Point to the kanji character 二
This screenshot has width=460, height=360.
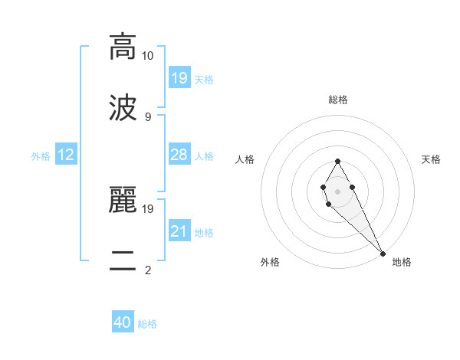pos(123,260)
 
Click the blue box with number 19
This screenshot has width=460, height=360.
pos(179,77)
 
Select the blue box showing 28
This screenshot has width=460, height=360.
pos(179,155)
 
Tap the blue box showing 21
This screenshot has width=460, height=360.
pos(179,231)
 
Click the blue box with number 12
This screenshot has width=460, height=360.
pos(66,155)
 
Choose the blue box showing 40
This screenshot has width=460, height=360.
pos(122,322)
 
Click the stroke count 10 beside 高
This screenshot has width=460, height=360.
pos(148,56)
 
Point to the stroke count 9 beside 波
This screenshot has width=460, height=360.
pos(148,117)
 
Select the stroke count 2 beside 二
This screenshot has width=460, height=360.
pos(148,270)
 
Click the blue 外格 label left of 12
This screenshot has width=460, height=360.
pos(41,156)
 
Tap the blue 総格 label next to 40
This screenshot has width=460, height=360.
pos(147,324)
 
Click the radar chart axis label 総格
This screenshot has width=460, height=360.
pos(337,100)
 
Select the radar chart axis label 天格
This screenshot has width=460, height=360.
pos(431,159)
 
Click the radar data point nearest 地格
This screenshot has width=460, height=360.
pos(383,253)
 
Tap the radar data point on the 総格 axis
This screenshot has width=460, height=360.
pos(337,161)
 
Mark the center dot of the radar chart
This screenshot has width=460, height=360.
pos(337,190)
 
